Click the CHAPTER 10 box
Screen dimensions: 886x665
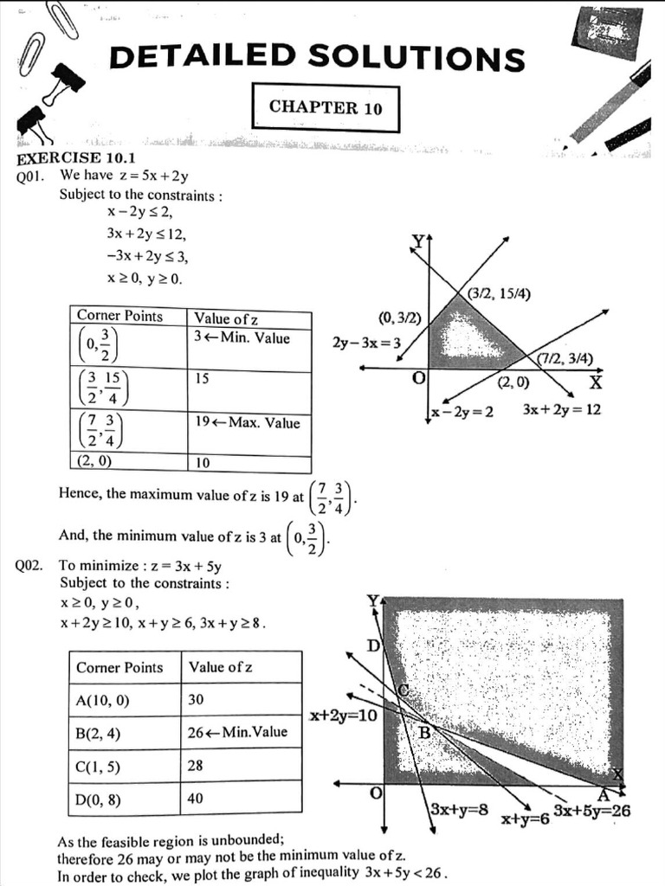point(325,107)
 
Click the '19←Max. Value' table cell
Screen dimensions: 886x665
point(248,423)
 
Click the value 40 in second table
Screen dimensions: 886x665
point(197,798)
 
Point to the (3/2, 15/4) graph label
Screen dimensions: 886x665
point(499,293)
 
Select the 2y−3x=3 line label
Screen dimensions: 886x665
point(366,343)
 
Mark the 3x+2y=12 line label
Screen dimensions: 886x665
point(561,409)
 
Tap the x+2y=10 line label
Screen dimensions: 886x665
point(343,716)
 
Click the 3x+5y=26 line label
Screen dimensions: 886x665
point(592,811)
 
